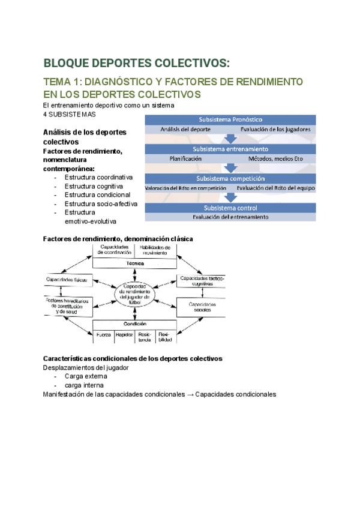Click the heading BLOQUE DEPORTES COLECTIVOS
[x=136, y=64]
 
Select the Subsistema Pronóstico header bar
[x=231, y=119]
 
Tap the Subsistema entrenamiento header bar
[x=231, y=149]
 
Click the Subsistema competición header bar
[x=231, y=178]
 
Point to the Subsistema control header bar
[x=231, y=208]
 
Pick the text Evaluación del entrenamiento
[x=231, y=217]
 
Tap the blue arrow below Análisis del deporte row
[x=231, y=139]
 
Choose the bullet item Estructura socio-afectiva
[x=101, y=203]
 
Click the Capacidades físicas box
[x=68, y=280]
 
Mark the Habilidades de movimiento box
[x=154, y=250]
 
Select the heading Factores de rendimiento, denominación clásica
[x=118, y=238]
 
